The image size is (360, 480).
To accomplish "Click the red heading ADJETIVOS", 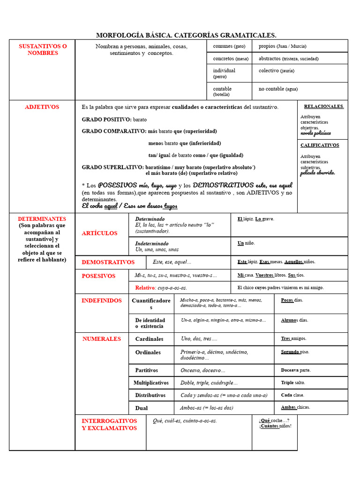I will [x=42, y=107].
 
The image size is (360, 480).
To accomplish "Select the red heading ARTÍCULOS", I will [x=99, y=233].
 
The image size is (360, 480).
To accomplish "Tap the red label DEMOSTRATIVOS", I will [x=108, y=262].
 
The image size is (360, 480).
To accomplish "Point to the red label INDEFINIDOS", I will [x=101, y=300].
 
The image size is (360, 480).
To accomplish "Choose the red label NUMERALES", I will [x=101, y=339].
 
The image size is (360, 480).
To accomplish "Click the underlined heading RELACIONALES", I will [x=324, y=106].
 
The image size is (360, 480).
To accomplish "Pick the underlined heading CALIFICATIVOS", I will [x=320, y=145].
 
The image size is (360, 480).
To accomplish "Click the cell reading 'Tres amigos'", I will [x=293, y=338].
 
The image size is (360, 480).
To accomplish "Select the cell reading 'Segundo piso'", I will [x=295, y=352].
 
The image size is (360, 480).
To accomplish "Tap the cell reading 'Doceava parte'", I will [x=295, y=370].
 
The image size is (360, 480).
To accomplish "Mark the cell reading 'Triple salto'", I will [x=293, y=382].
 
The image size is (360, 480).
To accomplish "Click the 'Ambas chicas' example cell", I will [x=295, y=407].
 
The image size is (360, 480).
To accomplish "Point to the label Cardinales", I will [x=149, y=339].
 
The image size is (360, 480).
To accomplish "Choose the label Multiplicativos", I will [x=151, y=383].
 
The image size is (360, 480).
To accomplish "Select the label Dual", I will [x=141, y=408].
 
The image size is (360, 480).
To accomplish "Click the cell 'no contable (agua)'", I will [x=278, y=89].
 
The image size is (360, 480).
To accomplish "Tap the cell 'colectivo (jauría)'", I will [x=277, y=71].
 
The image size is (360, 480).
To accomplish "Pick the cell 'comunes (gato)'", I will [x=229, y=46].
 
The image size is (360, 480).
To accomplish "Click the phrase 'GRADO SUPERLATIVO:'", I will [x=112, y=167].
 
